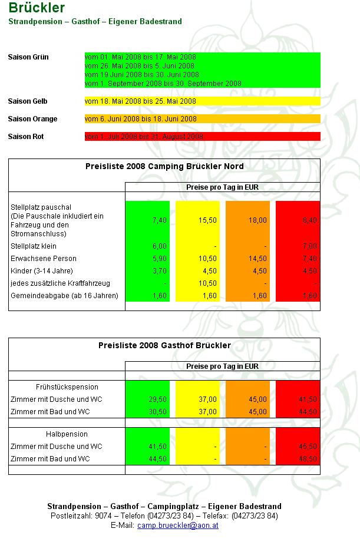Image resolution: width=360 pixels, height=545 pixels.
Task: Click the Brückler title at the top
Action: coord(37,8)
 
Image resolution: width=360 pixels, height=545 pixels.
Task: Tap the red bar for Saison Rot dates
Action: coord(202,137)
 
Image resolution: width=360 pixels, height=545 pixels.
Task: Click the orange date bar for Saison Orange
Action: coord(202,119)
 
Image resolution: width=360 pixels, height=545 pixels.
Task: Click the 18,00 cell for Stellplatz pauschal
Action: coord(258,220)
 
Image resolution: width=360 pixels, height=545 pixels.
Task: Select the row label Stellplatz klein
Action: coord(33,246)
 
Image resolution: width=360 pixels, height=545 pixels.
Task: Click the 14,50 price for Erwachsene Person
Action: coord(258,259)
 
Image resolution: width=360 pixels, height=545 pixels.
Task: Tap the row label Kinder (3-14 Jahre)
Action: coord(41,271)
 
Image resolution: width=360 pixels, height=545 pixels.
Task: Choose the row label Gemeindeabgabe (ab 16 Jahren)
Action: coord(64,296)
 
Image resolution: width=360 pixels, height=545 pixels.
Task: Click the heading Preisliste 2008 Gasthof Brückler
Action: coord(164,346)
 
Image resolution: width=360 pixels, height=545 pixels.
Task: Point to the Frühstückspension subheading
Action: coord(67,387)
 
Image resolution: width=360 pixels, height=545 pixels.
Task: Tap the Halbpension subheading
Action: coord(67,434)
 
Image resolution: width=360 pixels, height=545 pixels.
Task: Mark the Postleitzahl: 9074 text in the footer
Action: coord(78,516)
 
